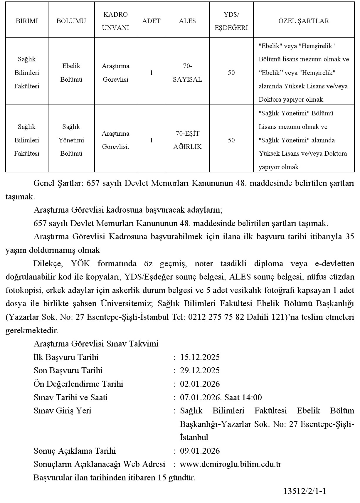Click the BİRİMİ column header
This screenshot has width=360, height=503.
coord(27,21)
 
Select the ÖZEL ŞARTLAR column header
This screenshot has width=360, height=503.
coord(304,21)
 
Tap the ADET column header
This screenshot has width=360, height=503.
coord(151,21)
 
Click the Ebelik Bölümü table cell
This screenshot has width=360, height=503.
coord(71,73)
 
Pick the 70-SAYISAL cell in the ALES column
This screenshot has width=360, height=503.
coord(187,73)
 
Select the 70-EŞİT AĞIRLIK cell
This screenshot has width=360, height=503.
coord(187,140)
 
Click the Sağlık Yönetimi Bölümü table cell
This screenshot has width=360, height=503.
coord(71,140)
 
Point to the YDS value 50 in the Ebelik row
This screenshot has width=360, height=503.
coord(231,73)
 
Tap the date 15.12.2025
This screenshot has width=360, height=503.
coord(200,357)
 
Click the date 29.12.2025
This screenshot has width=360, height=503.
coord(200,370)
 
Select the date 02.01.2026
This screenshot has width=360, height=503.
coord(200,384)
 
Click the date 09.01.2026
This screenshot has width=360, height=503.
coord(200,451)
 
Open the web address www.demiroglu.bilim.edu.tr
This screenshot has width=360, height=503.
coord(231,464)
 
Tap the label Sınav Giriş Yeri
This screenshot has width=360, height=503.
coord(62,411)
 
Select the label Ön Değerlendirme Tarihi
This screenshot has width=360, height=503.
coord(78,384)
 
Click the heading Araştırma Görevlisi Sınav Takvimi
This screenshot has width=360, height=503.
coord(96,344)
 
